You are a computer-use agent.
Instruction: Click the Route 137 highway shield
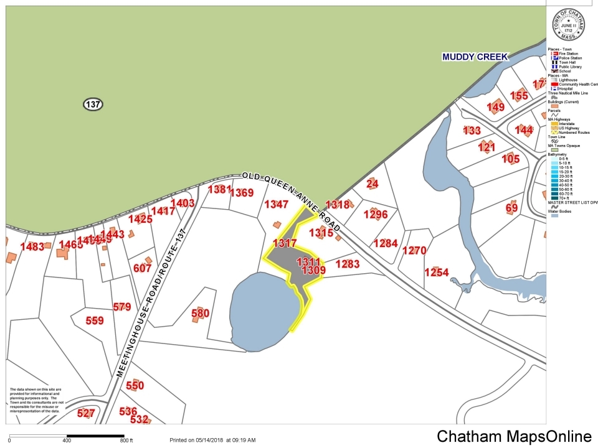coord(93,104)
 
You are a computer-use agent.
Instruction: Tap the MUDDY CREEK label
coord(475,57)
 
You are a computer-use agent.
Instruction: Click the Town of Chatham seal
coord(569,26)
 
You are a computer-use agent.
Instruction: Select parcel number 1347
coord(277,204)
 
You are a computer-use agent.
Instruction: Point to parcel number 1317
coord(285,243)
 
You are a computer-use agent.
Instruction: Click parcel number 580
coord(200,313)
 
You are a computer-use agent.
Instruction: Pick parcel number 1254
coord(437,273)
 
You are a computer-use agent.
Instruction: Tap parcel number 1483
coord(32,246)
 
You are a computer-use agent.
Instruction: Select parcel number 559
coord(95,320)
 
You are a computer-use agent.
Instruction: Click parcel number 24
coord(373,184)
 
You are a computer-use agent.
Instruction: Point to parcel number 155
coord(519,95)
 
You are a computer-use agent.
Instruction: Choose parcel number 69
coord(511,208)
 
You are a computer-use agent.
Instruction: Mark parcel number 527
coord(86,413)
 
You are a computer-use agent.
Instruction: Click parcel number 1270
coord(414,251)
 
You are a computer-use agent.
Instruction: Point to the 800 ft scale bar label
coord(127,441)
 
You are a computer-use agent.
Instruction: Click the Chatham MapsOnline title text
coord(514,436)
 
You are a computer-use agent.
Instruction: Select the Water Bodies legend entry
coord(562,212)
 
